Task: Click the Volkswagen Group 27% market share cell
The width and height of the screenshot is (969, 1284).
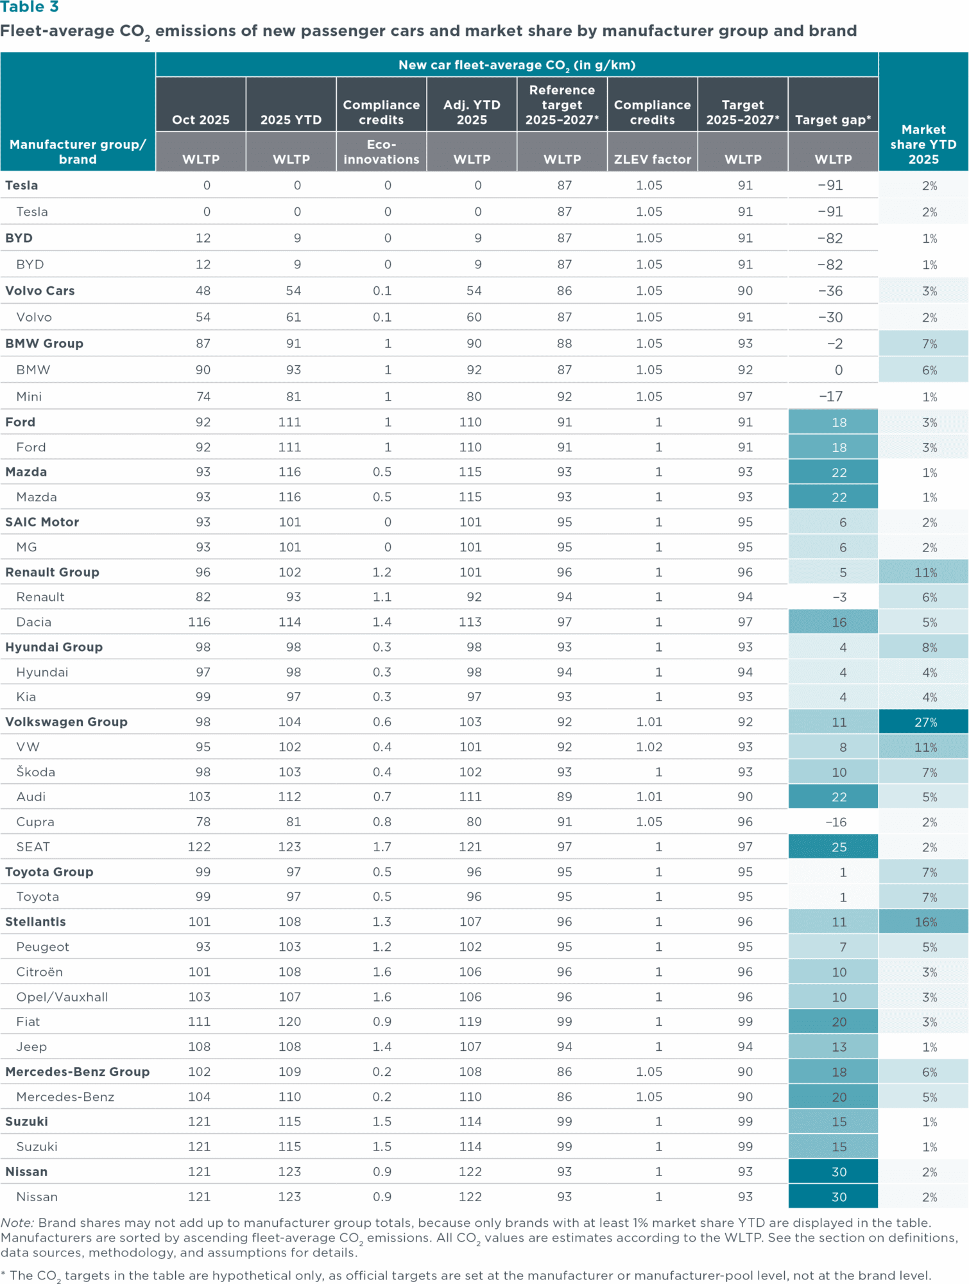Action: pyautogui.click(x=925, y=722)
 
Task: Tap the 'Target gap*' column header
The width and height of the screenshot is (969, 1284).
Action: pyautogui.click(x=833, y=120)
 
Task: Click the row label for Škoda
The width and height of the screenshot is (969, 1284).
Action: pyautogui.click(x=36, y=772)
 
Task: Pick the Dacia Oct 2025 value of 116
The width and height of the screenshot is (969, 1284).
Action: pyautogui.click(x=200, y=622)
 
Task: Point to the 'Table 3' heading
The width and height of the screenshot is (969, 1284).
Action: pyautogui.click(x=30, y=7)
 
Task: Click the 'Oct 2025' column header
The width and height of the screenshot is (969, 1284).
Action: pyautogui.click(x=201, y=120)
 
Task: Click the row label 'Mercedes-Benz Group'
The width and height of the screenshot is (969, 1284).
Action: pyautogui.click(x=77, y=1072)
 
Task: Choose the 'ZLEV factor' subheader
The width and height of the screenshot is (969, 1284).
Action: pyautogui.click(x=652, y=159)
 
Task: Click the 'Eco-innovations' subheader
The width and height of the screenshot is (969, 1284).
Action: pyautogui.click(x=381, y=152)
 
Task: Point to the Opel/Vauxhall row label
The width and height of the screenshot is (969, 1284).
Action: pyautogui.click(x=62, y=997)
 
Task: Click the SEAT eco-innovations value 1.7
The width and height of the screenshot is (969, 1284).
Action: pyautogui.click(x=382, y=847)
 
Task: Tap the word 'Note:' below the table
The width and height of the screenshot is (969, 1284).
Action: pyautogui.click(x=17, y=1223)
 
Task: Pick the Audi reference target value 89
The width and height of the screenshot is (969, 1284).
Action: pyautogui.click(x=564, y=797)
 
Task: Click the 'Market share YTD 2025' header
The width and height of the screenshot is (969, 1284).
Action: pyautogui.click(x=923, y=144)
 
